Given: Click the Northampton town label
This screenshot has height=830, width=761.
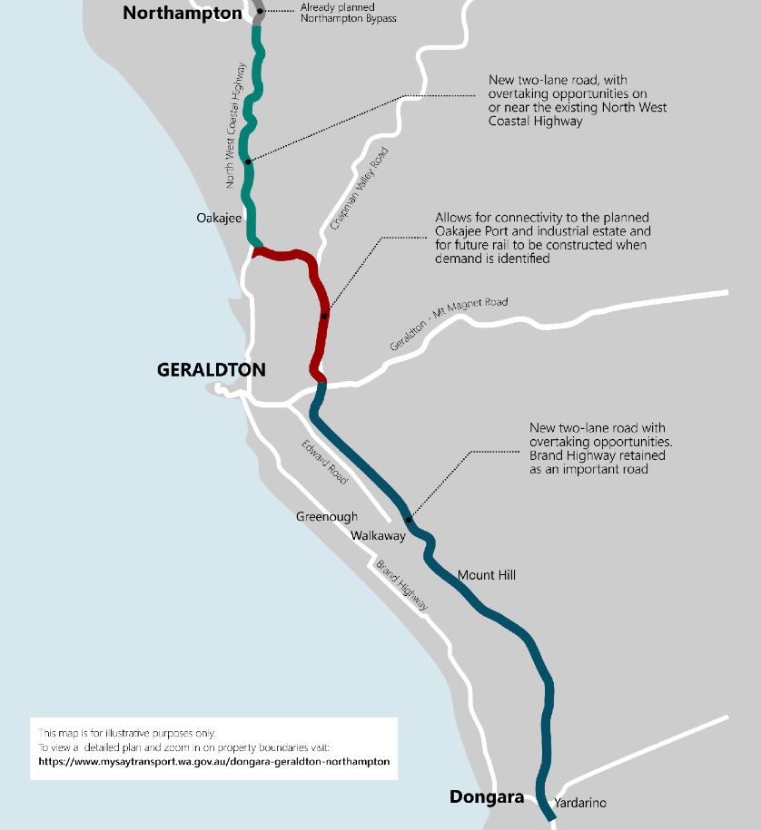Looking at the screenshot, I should (183, 13).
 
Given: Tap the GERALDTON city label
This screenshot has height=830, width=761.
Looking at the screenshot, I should (211, 370).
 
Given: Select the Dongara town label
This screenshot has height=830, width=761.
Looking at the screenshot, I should (487, 797).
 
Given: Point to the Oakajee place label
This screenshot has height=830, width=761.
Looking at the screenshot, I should (219, 219).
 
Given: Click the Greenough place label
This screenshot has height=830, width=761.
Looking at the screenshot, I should (327, 517).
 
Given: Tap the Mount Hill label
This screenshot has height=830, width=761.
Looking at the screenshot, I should (487, 575).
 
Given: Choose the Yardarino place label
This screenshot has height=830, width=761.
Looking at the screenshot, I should (579, 803).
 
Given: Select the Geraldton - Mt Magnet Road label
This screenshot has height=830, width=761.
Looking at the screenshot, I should (449, 325).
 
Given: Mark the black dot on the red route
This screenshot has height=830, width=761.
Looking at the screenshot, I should (324, 317).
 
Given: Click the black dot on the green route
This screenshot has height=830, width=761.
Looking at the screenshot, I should (248, 161).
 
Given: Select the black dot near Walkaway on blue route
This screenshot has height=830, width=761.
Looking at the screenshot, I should (409, 521).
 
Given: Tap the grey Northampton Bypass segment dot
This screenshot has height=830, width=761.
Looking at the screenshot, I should (260, 11).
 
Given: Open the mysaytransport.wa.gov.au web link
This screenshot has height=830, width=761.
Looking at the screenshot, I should (214, 762).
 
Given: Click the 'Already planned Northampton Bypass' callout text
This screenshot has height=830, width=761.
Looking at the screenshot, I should (348, 14).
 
